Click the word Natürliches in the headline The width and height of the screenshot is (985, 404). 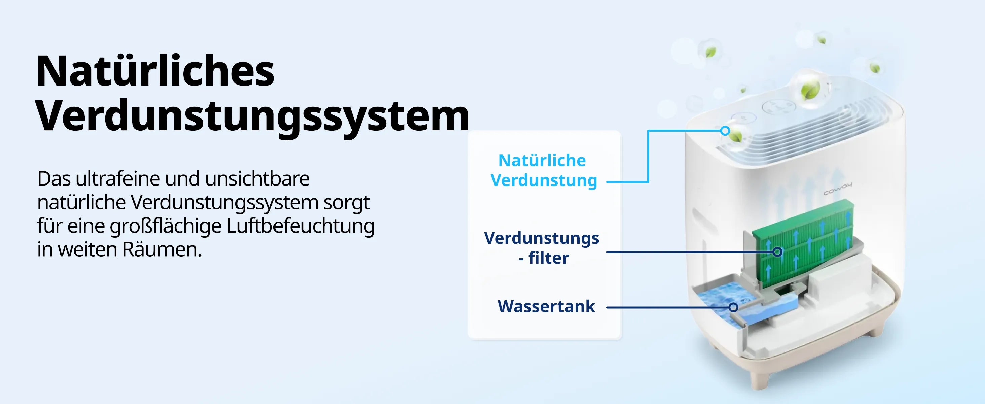(x=155, y=71)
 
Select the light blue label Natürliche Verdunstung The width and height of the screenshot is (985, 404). (x=543, y=170)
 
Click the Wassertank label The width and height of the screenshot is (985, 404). (x=546, y=306)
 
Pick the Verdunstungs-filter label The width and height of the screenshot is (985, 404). (x=541, y=248)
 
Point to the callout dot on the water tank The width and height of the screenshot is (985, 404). (x=733, y=307)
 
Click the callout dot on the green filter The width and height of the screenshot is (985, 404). (x=777, y=252)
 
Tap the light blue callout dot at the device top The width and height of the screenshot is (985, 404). (x=725, y=131)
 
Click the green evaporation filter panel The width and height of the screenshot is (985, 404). (x=802, y=244)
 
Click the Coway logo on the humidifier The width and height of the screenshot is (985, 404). (x=838, y=189)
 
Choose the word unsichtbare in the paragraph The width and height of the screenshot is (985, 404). (x=257, y=179)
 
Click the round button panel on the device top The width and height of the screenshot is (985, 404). (x=776, y=107)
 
